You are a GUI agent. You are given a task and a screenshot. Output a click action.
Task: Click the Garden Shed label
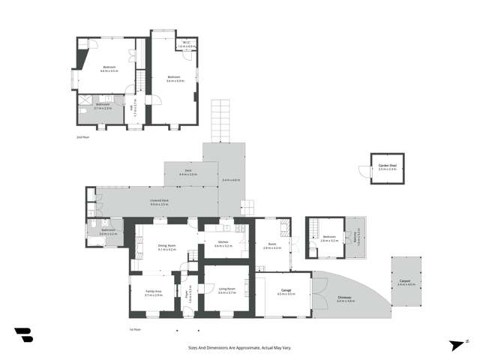coord(387,166)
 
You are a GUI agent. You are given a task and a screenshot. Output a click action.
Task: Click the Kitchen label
coord(223,243)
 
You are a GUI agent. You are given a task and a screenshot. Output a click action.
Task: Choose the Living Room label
coord(226,289)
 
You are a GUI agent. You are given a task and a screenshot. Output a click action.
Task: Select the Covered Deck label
coord(159,202)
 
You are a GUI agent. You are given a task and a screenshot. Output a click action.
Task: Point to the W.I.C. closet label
coord(187,45)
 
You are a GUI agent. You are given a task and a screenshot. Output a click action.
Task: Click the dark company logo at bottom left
coord(23,334)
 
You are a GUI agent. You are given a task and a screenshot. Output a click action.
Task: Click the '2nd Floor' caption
coord(82,137)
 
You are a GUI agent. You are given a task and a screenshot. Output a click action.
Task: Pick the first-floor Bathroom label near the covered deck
coord(108,232)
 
